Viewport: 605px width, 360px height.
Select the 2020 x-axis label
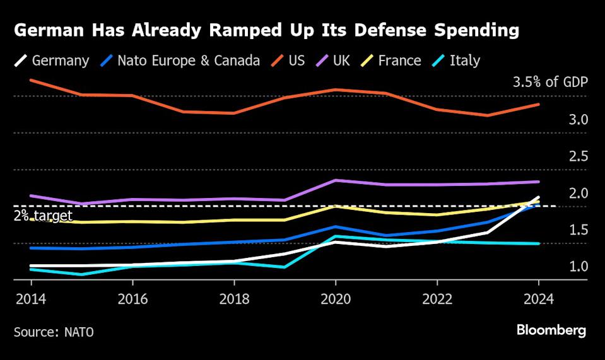336,299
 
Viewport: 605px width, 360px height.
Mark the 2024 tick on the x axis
539,299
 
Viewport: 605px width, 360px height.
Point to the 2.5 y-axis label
579,156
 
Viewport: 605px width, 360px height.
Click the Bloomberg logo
551,330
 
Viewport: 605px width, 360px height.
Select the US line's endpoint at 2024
538,104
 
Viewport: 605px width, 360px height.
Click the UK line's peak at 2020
336,180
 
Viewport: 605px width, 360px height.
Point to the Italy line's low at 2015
80,274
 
